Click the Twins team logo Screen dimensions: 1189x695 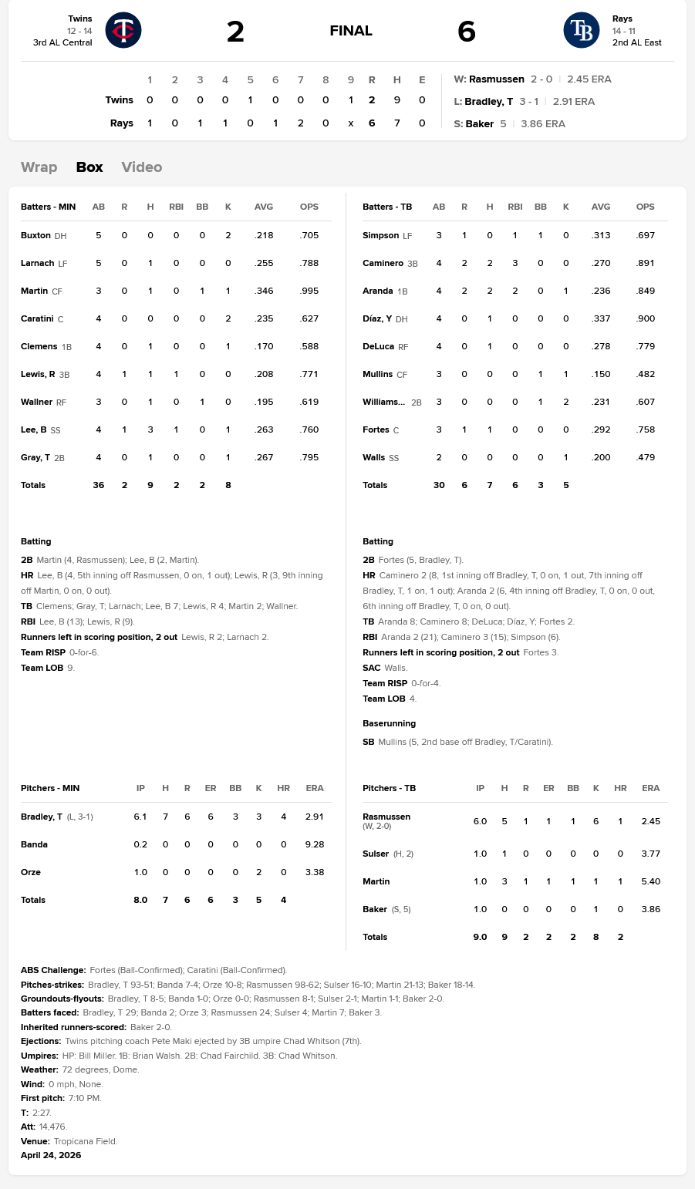coord(123,31)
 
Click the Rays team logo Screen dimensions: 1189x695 coord(582,31)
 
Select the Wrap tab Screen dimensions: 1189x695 coord(39,167)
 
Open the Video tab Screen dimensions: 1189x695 coord(142,167)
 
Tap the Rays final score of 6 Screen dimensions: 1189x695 coord(467,32)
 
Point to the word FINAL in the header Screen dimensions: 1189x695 coord(351,31)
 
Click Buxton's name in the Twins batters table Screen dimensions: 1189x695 coord(35,235)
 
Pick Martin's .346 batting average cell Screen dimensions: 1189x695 coord(264,291)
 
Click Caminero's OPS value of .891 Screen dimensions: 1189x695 coord(645,263)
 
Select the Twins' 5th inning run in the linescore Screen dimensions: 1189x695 coord(250,100)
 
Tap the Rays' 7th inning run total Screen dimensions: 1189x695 coord(301,123)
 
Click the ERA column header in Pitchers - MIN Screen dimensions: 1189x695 coord(314,788)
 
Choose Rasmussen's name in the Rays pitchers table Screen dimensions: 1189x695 coord(386,817)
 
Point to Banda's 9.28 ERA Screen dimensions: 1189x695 coord(314,844)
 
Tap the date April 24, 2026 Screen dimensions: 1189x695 coord(51,1155)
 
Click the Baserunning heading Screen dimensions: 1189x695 coord(389,723)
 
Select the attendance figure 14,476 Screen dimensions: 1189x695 coord(52,1127)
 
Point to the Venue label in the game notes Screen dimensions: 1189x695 coord(35,1141)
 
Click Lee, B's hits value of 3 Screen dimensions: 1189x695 coord(150,429)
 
